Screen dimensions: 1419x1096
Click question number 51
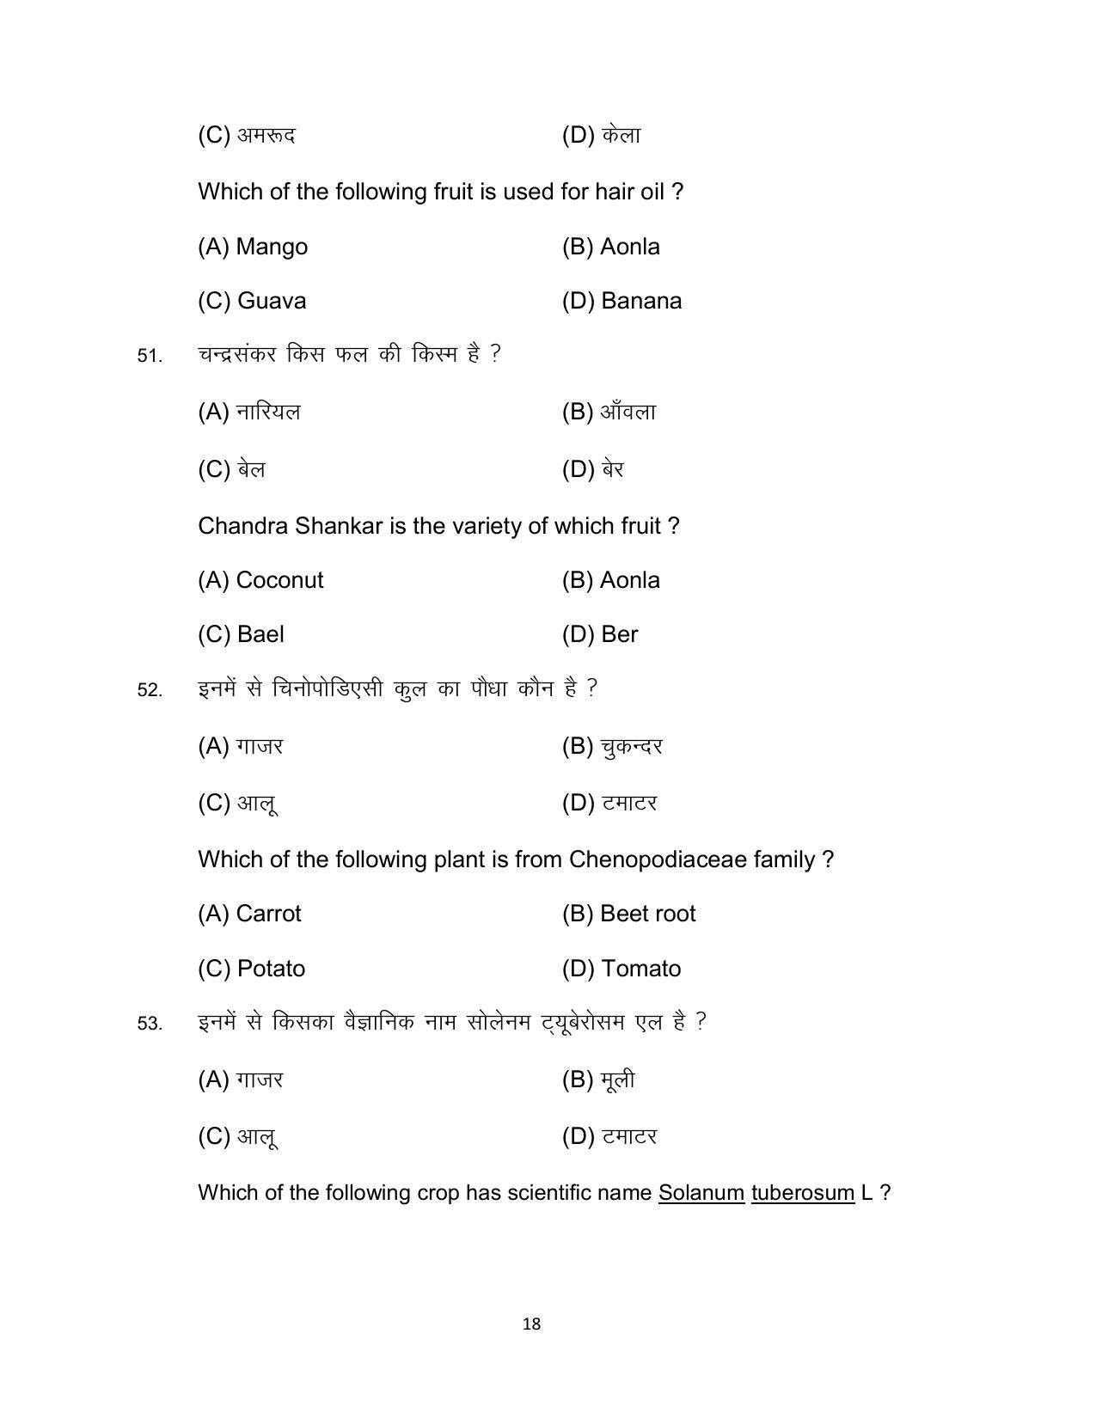150,356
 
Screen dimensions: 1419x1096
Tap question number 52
150,690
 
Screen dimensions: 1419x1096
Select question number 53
150,1024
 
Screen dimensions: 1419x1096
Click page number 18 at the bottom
531,1324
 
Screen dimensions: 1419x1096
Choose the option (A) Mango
253,247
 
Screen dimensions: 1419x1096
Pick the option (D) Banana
621,301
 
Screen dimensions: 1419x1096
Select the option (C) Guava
252,301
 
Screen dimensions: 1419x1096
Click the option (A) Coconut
260,580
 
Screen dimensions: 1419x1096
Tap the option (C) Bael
241,634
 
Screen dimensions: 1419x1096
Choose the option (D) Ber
600,634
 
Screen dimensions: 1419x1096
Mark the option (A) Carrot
249,914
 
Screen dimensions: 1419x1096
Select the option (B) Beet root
628,914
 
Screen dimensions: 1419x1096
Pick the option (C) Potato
251,969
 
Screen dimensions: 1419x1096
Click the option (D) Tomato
621,969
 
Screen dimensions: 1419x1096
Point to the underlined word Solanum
701,1193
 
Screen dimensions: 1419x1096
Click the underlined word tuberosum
802,1193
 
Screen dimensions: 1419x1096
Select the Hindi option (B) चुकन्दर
612,747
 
